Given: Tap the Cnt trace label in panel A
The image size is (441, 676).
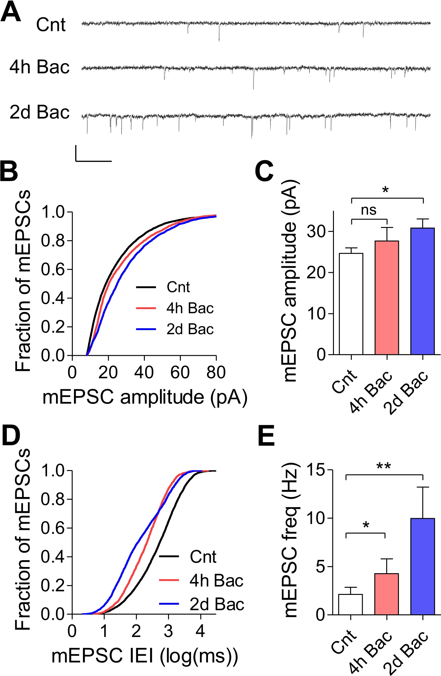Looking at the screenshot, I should coord(51,25).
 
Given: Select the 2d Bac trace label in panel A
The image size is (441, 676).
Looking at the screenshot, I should coord(40,112).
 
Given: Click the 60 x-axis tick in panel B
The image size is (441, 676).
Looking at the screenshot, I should coord(180,373).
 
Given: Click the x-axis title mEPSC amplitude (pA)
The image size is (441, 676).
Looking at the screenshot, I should coord(145,397).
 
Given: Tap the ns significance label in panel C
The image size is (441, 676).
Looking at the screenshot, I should coord(369,210).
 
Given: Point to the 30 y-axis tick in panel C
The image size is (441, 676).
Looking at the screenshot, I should coord(316,231).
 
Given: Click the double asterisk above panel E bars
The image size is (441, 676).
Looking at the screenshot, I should coord(384,466).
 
